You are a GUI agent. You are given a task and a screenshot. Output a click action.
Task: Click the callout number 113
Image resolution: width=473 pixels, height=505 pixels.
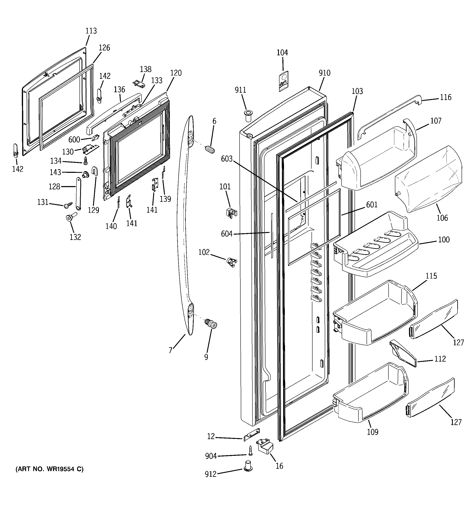pos(91,31)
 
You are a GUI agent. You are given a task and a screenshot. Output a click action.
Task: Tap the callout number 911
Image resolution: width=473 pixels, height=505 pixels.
pos(240,90)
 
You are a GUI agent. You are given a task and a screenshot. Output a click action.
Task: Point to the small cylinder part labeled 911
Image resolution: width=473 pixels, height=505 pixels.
pos(248,116)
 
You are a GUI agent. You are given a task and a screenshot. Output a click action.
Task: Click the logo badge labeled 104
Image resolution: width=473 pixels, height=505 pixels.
pos(284,81)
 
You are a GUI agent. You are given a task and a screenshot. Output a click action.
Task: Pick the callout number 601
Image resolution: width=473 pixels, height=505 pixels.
pos(372,204)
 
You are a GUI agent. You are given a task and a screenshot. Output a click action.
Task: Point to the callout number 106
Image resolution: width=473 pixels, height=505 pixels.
pos(442,218)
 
